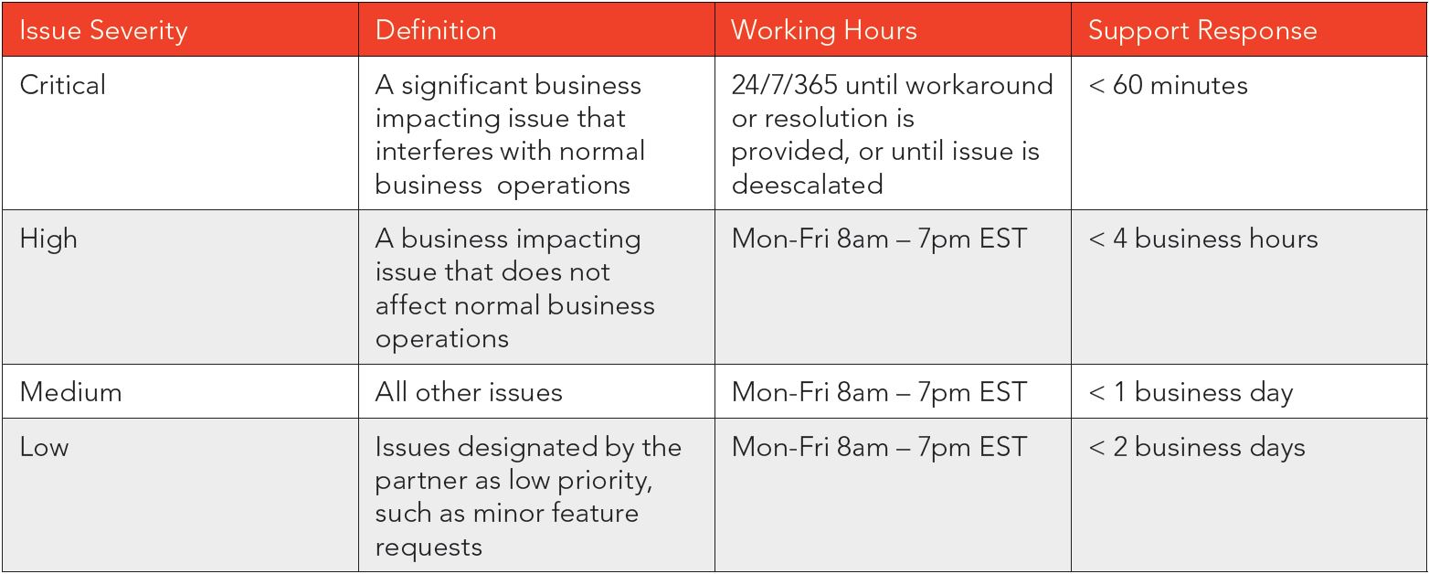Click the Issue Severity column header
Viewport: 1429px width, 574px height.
click(x=103, y=31)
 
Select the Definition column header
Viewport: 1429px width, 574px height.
click(x=436, y=30)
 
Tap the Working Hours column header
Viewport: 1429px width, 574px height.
click(x=823, y=31)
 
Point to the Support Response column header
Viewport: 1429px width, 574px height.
click(x=1202, y=31)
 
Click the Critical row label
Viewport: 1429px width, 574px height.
click(x=62, y=85)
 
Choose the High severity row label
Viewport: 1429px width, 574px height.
click(x=48, y=239)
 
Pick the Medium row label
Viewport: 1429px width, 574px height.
click(x=71, y=392)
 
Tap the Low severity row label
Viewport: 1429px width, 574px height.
click(x=44, y=447)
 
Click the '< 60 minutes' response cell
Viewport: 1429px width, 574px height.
click(x=1168, y=85)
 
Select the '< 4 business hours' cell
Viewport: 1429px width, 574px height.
click(x=1203, y=239)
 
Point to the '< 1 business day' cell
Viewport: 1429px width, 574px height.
click(x=1191, y=393)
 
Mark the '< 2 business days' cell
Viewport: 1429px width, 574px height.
click(x=1197, y=448)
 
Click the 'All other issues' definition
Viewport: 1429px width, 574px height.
click(x=469, y=392)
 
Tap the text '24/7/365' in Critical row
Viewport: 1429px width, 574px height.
click(x=784, y=85)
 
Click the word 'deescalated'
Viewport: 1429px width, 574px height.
click(x=807, y=185)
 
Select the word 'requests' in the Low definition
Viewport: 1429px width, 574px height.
click(x=429, y=548)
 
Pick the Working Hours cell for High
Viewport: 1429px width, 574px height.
click(x=879, y=239)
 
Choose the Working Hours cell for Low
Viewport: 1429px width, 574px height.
click(x=879, y=447)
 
